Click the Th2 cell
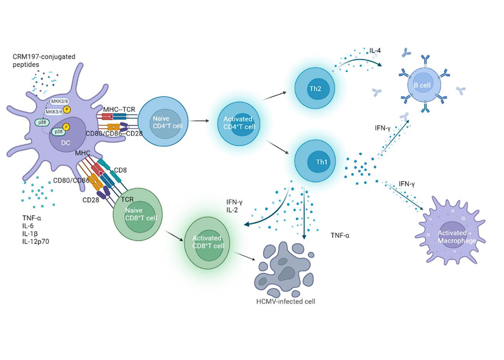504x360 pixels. tap(314, 87)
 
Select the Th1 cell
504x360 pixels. tap(314, 162)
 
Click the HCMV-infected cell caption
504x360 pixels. tap(286, 301)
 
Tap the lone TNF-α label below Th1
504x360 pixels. tap(340, 235)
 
